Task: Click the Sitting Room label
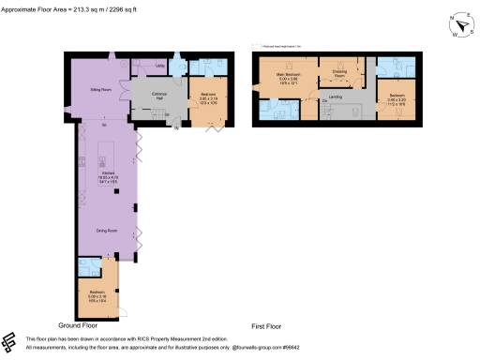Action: click(101, 89)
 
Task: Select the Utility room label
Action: click(160, 67)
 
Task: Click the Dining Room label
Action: click(105, 230)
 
